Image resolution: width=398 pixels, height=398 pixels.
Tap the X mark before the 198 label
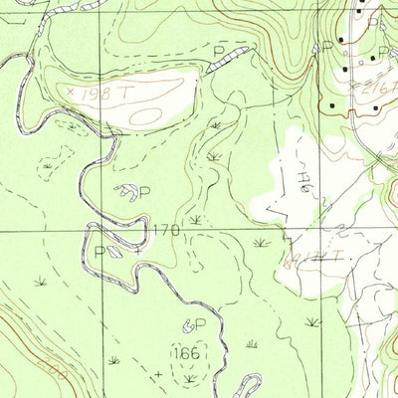71,91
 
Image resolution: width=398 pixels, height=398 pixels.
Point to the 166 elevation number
184,353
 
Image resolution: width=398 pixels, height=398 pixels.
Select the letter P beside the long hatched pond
220,50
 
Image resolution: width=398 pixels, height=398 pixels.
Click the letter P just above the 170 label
144,192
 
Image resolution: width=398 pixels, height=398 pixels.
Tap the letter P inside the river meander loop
99,252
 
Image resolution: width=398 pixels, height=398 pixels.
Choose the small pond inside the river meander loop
115,252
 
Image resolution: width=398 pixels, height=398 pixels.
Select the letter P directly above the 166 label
200,324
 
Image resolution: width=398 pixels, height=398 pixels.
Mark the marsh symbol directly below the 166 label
189,377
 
